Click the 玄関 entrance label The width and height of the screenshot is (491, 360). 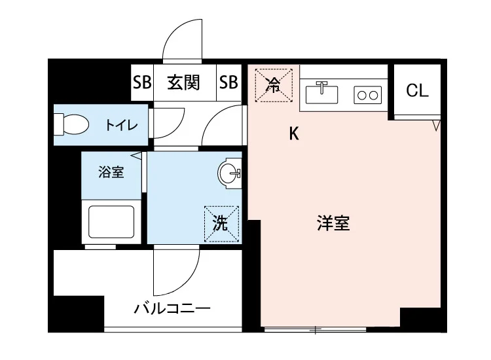[183, 83]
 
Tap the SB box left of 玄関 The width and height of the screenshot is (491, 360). [142, 83]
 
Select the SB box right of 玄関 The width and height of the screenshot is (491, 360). [228, 83]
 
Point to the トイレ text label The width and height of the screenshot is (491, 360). [122, 124]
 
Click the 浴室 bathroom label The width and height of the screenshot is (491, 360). [111, 173]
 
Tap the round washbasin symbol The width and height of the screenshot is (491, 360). [229, 173]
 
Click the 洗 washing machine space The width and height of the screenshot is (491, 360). [221, 224]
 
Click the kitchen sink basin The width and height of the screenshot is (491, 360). [321, 94]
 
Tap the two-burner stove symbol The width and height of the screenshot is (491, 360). [367, 96]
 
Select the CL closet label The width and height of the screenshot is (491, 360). [417, 91]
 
